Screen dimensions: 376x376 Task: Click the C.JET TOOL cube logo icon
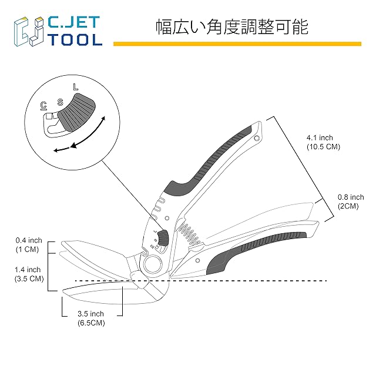pyautogui.click(x=29, y=31)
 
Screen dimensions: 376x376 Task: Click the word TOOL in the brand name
pyautogui.click(x=76, y=39)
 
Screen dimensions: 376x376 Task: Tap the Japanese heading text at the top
pyautogui.click(x=232, y=27)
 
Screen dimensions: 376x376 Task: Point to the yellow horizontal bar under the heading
pyautogui.click(x=237, y=44)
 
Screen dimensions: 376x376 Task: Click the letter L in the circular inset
pyautogui.click(x=76, y=87)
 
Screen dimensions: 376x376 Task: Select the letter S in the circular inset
pyautogui.click(x=60, y=102)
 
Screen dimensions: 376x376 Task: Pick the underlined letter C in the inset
pyautogui.click(x=43, y=106)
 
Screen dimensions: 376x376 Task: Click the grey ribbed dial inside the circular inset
pyautogui.click(x=77, y=112)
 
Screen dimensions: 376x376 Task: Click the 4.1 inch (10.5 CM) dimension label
pyautogui.click(x=323, y=142)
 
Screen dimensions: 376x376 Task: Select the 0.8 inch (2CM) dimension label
pyautogui.click(x=351, y=202)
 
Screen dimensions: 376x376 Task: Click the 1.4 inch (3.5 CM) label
pyautogui.click(x=29, y=274)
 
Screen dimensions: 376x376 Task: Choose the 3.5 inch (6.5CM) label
pyautogui.click(x=91, y=318)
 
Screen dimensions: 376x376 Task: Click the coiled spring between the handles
pyautogui.click(x=190, y=234)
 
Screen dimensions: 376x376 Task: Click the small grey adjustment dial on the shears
pyautogui.click(x=163, y=237)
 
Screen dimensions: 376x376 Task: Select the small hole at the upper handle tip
pyautogui.click(x=257, y=138)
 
